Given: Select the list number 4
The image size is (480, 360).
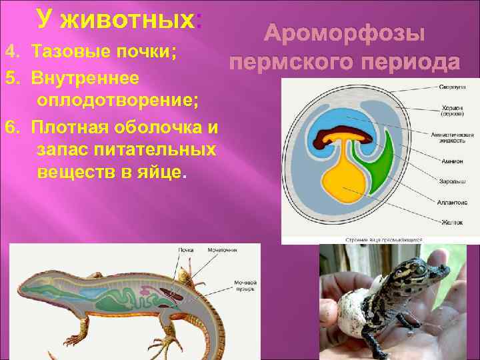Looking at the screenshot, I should click(x=9, y=52).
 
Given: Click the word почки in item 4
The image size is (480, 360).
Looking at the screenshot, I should click(x=151, y=52).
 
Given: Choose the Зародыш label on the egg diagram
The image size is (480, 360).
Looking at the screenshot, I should click(x=449, y=180).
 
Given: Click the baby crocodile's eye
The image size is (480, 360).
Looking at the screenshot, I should click(x=419, y=268).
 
